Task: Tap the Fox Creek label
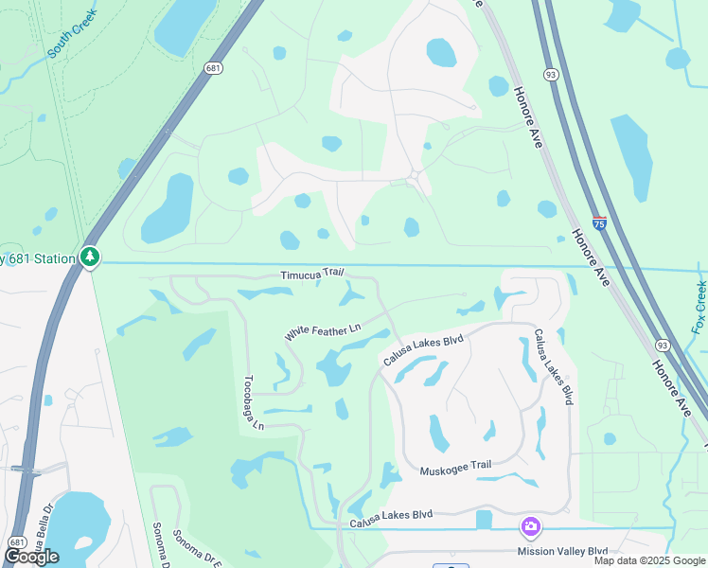click(699, 306)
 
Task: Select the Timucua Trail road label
click(310, 274)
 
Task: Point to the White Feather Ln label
click(324, 332)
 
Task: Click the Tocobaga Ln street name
click(253, 400)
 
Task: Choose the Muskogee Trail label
click(457, 465)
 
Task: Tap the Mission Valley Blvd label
click(562, 550)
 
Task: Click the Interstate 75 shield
click(599, 223)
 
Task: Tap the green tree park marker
click(89, 256)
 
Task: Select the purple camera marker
click(531, 525)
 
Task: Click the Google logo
click(31, 557)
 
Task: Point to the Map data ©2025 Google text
click(648, 560)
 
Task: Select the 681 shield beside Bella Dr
click(16, 542)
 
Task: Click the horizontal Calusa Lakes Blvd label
click(391, 514)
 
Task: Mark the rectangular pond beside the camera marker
click(485, 520)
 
